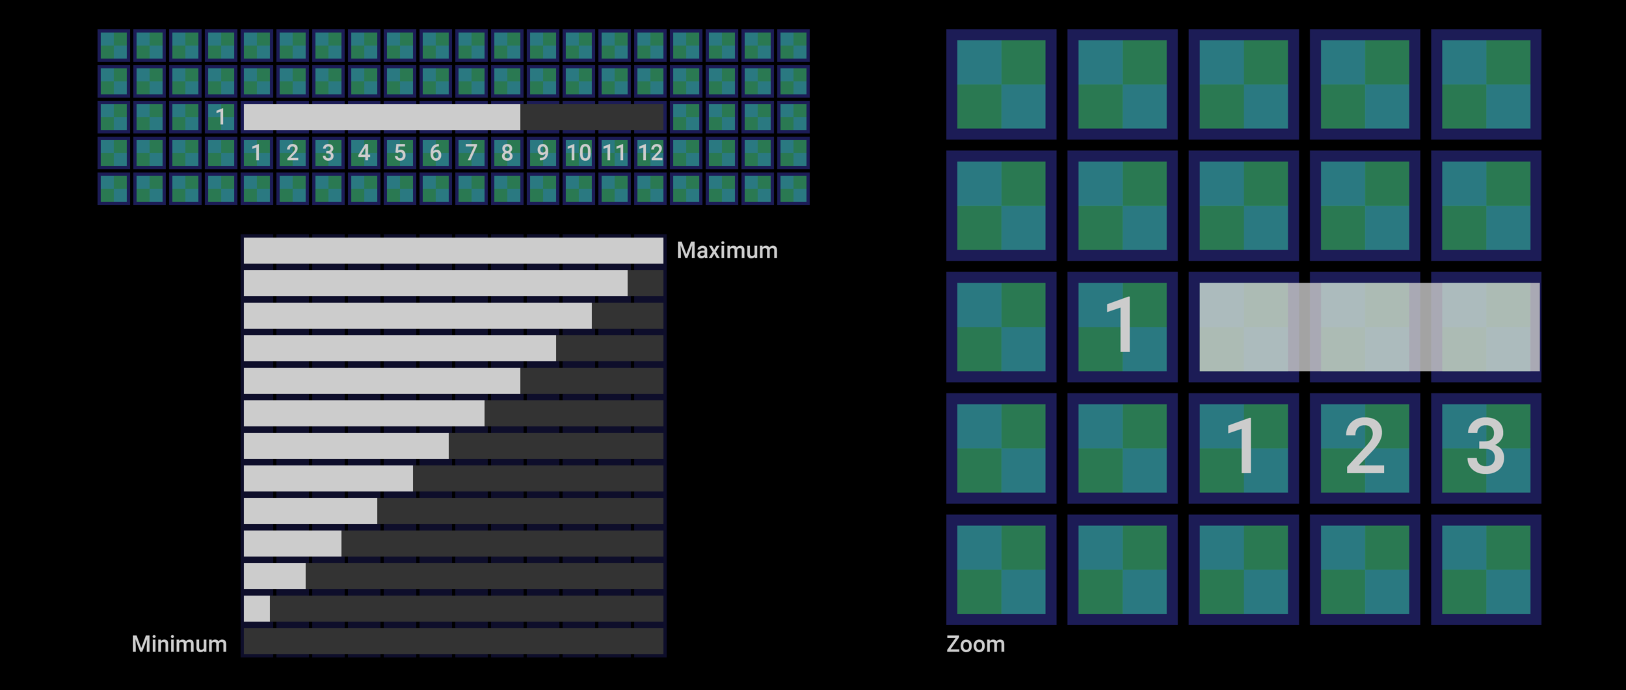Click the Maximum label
726,251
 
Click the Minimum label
179,644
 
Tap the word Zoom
975,644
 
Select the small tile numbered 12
650,153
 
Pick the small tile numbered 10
578,153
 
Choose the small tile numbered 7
471,153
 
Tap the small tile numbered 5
399,153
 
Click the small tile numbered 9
542,153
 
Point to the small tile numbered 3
328,153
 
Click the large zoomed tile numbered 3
1486,448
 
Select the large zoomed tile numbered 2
1365,448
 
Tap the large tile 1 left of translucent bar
1122,327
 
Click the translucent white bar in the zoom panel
1369,327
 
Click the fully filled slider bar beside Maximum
453,251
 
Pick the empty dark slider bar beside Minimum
453,641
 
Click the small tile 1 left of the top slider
220,117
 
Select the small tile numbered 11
614,153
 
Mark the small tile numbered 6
435,153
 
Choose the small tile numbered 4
364,153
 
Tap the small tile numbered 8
507,153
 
